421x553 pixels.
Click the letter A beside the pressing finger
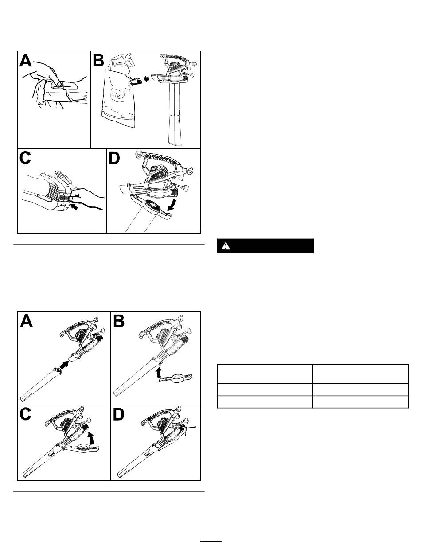coord(26,61)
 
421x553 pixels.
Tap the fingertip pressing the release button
coord(58,83)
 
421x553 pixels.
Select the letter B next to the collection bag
coord(98,61)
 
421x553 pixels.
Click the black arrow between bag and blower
coord(146,79)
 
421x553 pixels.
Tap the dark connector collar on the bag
coord(136,82)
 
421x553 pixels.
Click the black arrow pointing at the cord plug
coord(74,207)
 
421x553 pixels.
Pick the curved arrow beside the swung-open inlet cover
coord(174,205)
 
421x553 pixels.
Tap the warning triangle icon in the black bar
coord(226,246)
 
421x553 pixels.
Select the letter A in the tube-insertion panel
coord(27,321)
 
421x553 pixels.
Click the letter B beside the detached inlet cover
coord(119,321)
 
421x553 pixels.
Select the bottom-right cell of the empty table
coord(360,401)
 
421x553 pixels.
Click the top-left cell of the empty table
coord(265,374)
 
